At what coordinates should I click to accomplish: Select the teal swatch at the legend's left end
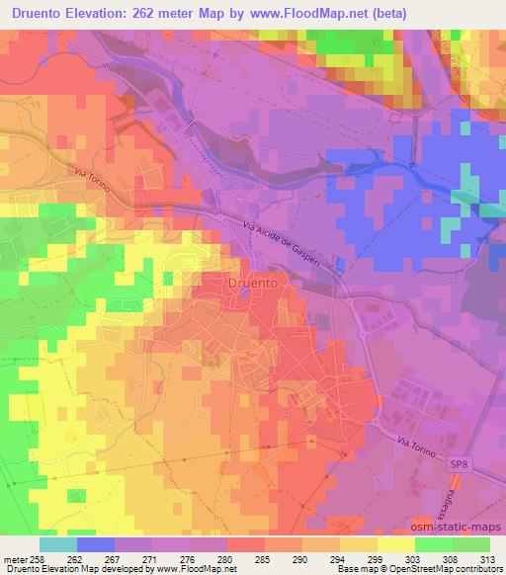tap(56, 544)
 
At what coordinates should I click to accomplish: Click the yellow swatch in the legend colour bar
tap(395, 544)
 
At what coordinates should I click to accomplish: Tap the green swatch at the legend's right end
tap(471, 544)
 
